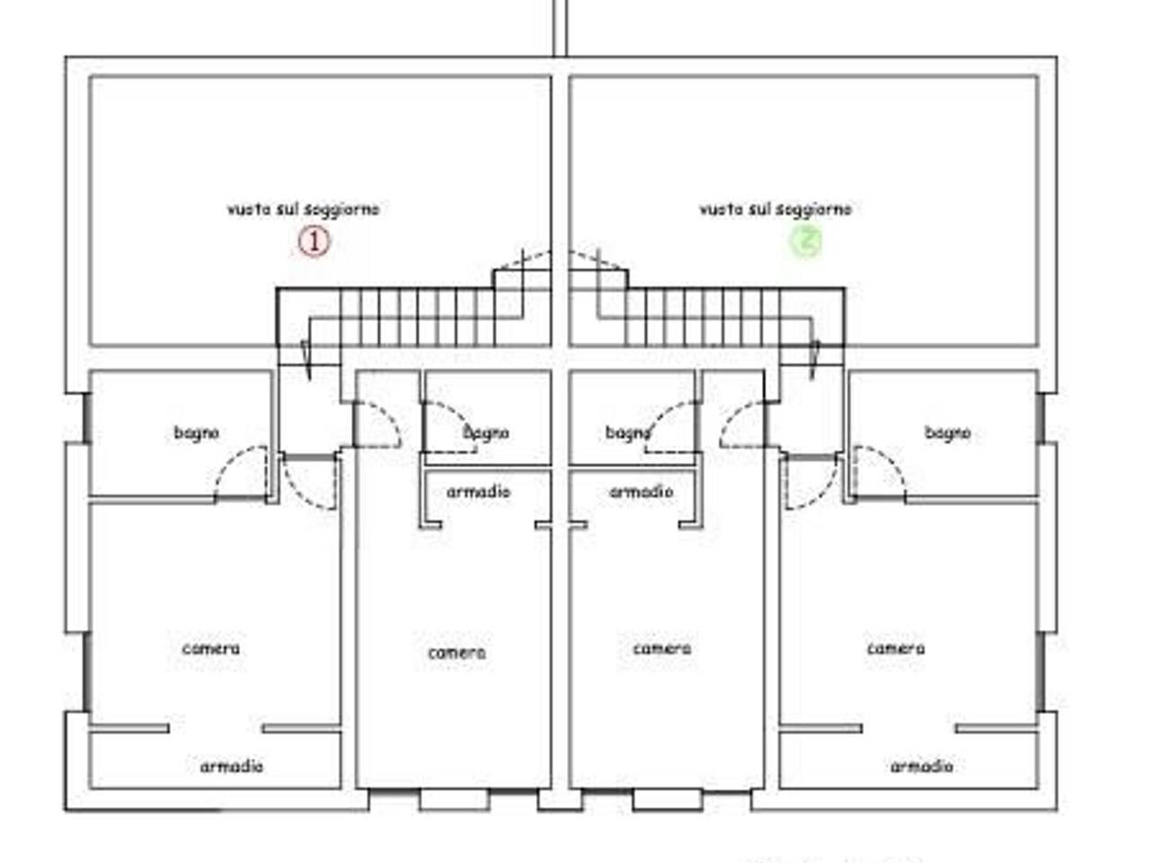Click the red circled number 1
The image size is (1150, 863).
point(314,242)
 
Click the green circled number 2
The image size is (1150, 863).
point(806,242)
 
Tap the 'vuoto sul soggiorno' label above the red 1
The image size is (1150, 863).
point(303,209)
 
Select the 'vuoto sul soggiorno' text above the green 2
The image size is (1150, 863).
point(776,209)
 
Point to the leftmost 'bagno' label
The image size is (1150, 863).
point(197,433)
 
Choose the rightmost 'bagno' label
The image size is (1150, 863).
point(948,433)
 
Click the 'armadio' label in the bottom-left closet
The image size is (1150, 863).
point(232,767)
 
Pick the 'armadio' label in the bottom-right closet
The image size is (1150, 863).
point(922,767)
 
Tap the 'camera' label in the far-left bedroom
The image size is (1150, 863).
point(210,649)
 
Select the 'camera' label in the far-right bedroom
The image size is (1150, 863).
point(896,649)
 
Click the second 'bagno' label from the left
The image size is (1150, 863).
point(486,433)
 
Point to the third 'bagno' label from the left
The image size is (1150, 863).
point(628,433)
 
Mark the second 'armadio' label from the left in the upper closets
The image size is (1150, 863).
point(478,492)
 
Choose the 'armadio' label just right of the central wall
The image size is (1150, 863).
point(641,492)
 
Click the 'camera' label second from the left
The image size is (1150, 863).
point(457,653)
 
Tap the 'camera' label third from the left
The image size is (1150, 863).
point(662,649)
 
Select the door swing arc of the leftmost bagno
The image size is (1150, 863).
point(231,461)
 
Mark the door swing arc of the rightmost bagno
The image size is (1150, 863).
point(890,461)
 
